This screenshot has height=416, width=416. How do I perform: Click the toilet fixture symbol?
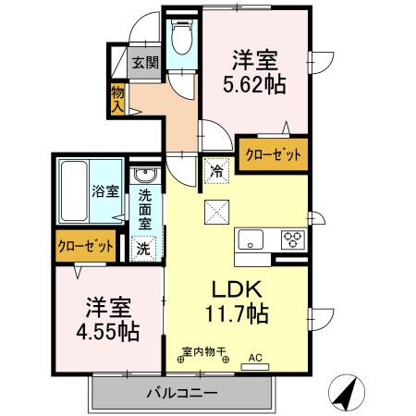pos(181,39)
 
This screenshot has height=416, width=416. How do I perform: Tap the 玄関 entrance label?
pos(144,63)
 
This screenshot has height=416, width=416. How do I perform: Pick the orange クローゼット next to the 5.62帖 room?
pos(272,154)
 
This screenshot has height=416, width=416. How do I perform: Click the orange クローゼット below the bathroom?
pos(86,246)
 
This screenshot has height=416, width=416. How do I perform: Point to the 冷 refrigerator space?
pos(214,170)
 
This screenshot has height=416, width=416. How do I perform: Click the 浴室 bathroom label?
pos(104,192)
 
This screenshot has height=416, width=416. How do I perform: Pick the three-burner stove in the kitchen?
pos(292,239)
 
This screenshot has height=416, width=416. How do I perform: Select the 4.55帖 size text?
pos(108,330)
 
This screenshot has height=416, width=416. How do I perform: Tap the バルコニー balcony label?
pos(181,393)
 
